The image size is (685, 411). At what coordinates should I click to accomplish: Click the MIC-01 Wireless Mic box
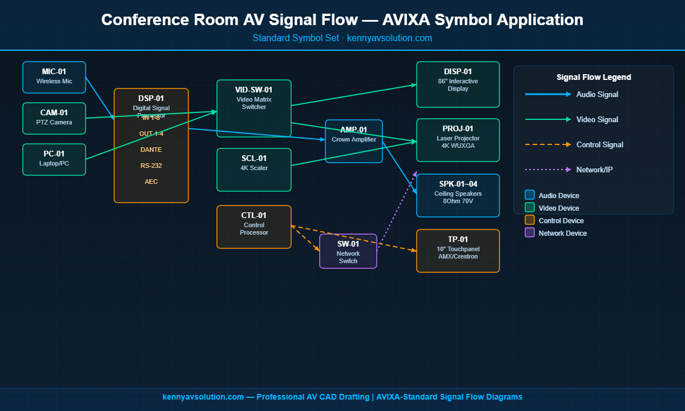point(54,77)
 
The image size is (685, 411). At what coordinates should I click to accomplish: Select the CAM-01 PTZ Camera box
point(54,118)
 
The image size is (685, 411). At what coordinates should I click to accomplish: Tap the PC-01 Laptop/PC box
point(54,159)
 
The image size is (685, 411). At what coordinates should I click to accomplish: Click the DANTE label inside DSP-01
point(151,150)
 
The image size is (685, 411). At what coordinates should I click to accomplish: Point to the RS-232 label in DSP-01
point(151,166)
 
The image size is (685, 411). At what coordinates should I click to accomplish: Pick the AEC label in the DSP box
point(151,182)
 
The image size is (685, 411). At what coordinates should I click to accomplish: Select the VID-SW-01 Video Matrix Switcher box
point(254,108)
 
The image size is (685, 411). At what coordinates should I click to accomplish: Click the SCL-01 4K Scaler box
point(254,170)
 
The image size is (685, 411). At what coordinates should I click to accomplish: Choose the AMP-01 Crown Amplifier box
point(354,141)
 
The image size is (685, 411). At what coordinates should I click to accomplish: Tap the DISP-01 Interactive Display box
point(458,84)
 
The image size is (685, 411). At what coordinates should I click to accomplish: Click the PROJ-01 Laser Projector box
point(458,140)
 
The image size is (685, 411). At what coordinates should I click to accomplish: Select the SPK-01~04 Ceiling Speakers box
point(458,195)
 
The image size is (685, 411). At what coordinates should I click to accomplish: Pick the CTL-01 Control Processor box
point(254,227)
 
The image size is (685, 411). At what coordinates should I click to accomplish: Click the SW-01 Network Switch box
point(348,251)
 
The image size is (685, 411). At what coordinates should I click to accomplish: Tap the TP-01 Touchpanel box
point(458,251)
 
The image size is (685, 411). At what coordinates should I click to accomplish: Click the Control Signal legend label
point(599,144)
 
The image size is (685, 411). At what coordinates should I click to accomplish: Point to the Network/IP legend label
point(594,170)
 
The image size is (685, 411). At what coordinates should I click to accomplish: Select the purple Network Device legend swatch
point(530,233)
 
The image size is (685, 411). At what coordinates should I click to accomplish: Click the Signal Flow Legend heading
point(594,77)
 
